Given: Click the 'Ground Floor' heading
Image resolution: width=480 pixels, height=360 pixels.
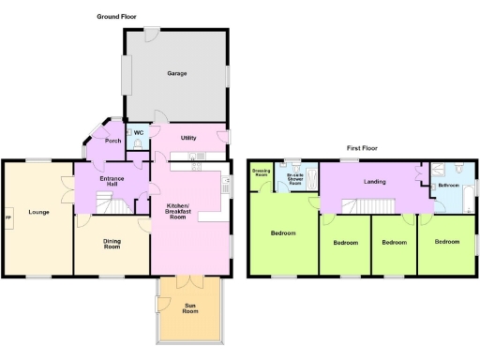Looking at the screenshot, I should tap(117, 17).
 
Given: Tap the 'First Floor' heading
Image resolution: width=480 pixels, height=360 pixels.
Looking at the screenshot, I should tap(366, 148).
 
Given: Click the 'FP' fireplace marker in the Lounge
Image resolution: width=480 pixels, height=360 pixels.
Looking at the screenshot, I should tap(9, 219).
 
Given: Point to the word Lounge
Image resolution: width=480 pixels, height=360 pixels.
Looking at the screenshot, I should tap(37, 211).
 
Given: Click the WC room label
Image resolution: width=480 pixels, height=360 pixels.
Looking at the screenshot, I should tap(138, 133).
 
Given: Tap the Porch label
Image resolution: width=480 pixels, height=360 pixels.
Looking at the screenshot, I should tap(112, 141).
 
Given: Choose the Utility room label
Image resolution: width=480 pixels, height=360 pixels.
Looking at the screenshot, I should tap(188, 138).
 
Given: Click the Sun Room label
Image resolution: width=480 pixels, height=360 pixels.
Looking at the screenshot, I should tap(190, 308).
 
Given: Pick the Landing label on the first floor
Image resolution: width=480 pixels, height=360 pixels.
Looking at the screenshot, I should tap(375, 181).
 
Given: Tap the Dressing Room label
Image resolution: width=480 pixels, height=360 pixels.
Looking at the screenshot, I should tap(262, 172).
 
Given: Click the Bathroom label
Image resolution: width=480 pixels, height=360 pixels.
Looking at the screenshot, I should tap(448, 186).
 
